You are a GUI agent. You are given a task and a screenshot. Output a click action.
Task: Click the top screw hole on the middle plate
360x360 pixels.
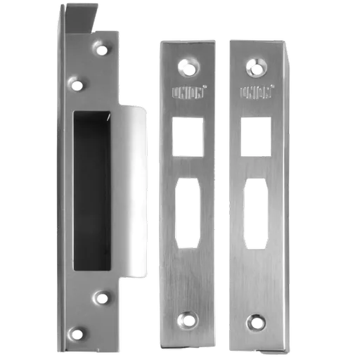tap(188, 67)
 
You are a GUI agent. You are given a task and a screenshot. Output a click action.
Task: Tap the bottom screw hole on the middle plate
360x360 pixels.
tap(188, 319)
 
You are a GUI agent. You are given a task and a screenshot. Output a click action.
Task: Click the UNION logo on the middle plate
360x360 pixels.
tap(188, 94)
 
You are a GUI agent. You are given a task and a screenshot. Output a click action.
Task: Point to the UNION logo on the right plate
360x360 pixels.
tap(255, 93)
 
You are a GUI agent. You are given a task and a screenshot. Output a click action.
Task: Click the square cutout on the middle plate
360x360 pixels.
tap(188, 137)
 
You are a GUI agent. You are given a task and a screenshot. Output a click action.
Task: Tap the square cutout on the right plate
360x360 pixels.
tap(256, 136)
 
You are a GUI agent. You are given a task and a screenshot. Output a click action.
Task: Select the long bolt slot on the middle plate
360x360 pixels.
tap(188, 213)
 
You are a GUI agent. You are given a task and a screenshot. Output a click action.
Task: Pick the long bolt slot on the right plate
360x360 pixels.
tap(256, 214)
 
